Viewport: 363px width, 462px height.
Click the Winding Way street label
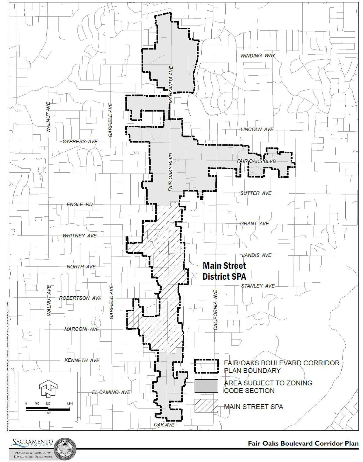click(x=258, y=56)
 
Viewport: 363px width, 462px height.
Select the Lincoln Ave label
click(x=257, y=129)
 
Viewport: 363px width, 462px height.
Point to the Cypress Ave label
click(x=80, y=142)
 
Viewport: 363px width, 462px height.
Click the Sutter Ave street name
click(x=256, y=193)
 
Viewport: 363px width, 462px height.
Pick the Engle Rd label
click(x=79, y=205)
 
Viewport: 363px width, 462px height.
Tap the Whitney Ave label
click(x=79, y=236)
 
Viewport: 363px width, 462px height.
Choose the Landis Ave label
click(x=256, y=255)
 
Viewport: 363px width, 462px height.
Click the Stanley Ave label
click(x=258, y=286)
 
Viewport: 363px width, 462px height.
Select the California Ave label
click(x=216, y=310)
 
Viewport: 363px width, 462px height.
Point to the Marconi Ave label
click(x=82, y=329)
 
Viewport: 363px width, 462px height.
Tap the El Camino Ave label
click(x=111, y=392)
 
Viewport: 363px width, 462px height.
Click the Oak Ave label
click(x=164, y=425)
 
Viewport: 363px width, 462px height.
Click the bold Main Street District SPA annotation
click(x=224, y=271)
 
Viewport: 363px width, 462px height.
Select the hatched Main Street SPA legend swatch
click(x=206, y=406)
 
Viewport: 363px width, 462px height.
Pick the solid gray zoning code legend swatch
click(x=206, y=386)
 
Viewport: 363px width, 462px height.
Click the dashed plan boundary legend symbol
click(x=206, y=366)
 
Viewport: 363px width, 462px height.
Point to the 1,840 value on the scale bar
click(x=69, y=404)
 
